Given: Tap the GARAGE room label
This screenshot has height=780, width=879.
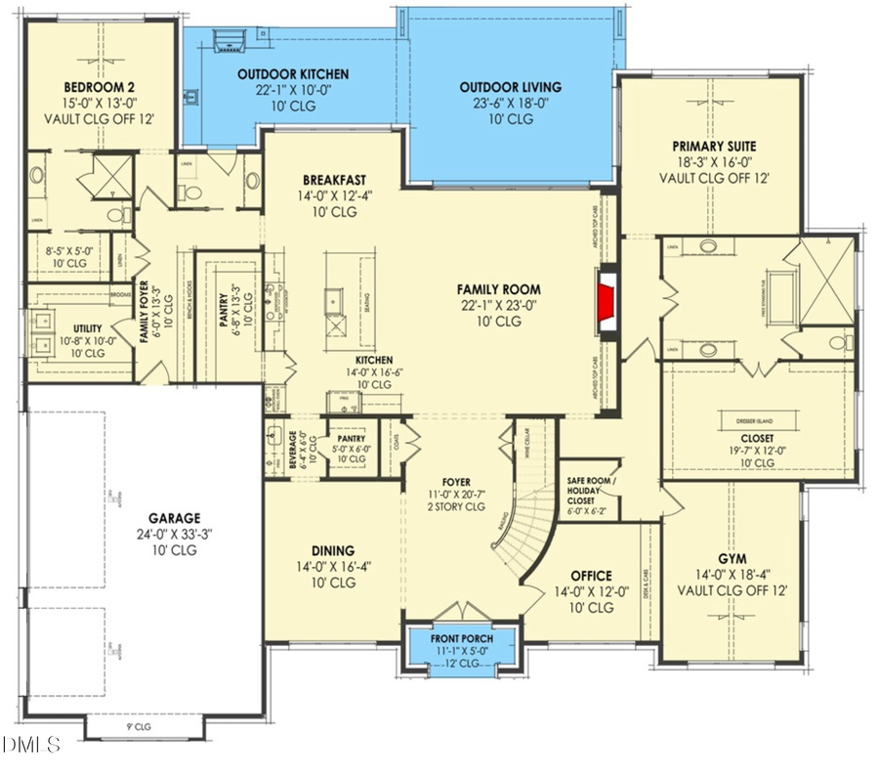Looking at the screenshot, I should click(x=174, y=518).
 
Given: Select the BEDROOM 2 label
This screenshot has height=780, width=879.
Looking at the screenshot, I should click(x=99, y=84).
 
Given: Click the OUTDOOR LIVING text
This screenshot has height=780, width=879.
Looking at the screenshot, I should click(x=510, y=87).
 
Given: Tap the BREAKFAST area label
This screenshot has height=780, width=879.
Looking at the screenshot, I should click(x=334, y=179).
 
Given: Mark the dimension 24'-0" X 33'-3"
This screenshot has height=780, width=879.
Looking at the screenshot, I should click(x=174, y=535).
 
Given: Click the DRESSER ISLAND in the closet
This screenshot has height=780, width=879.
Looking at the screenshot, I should click(x=760, y=420).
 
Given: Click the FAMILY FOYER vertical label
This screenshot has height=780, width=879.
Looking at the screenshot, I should click(x=143, y=322).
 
